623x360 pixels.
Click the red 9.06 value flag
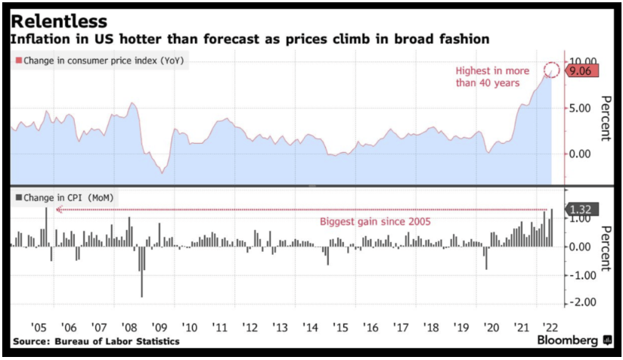(x=583, y=70)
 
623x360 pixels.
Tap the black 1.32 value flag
(x=583, y=209)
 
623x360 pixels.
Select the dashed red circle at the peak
(x=552, y=70)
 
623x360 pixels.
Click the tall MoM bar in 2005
(x=46, y=226)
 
